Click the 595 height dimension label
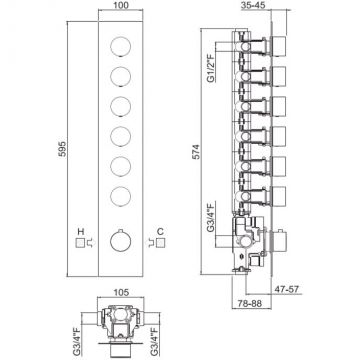point(62,149)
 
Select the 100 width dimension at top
point(120,5)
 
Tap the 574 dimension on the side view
point(197,151)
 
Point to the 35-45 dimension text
point(254,5)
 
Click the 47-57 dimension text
point(288,289)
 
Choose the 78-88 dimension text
point(249,303)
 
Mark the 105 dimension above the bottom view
point(121,292)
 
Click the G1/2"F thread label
point(211,69)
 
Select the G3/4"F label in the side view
point(211,217)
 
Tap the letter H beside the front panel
point(80,231)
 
